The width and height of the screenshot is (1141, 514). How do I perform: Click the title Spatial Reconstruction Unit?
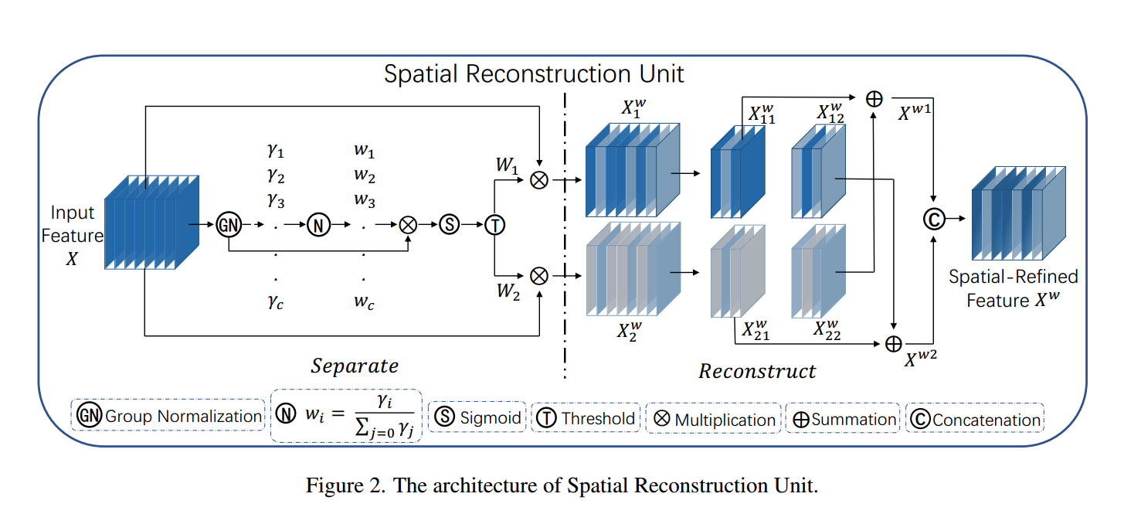[x=534, y=74]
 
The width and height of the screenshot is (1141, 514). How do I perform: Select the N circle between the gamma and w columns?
[x=318, y=225]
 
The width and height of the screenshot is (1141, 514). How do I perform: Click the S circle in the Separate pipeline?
[x=449, y=225]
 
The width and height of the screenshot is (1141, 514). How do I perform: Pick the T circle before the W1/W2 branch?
[x=494, y=225]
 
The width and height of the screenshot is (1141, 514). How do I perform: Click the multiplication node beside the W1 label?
[x=538, y=180]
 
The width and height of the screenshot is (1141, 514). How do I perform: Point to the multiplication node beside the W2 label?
[x=538, y=274]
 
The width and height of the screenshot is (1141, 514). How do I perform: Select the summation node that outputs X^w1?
[x=874, y=98]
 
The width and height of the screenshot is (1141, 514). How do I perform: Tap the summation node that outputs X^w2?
[x=894, y=342]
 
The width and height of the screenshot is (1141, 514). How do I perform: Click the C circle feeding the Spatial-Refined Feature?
[x=934, y=219]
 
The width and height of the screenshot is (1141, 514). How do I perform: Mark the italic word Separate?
[x=355, y=365]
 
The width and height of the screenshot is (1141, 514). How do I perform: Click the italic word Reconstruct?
[x=757, y=371]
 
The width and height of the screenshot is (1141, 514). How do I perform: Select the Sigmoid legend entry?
[x=477, y=417]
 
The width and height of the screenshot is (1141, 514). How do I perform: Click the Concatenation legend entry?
[x=975, y=420]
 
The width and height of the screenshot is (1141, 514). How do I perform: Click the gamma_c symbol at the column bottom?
[x=276, y=303]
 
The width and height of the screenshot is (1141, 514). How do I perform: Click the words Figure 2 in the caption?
[x=341, y=486]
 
